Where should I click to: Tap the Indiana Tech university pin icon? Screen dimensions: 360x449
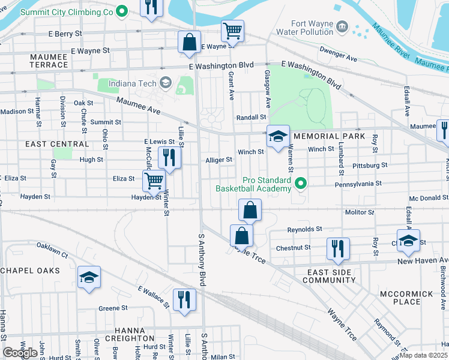(x=166, y=82)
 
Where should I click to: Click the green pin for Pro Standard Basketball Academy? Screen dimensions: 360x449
(x=301, y=184)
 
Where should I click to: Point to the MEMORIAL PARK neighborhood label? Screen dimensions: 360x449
(x=330, y=137)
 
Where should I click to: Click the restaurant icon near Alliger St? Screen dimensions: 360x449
(x=169, y=158)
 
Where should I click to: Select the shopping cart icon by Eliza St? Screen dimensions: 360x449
(x=154, y=179)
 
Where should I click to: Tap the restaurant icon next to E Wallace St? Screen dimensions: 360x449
(x=184, y=299)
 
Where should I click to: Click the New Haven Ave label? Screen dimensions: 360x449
(x=423, y=261)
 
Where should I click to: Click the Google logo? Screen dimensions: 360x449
(x=20, y=353)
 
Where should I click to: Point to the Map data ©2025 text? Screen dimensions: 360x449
(x=423, y=355)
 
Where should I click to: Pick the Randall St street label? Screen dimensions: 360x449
(x=251, y=118)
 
